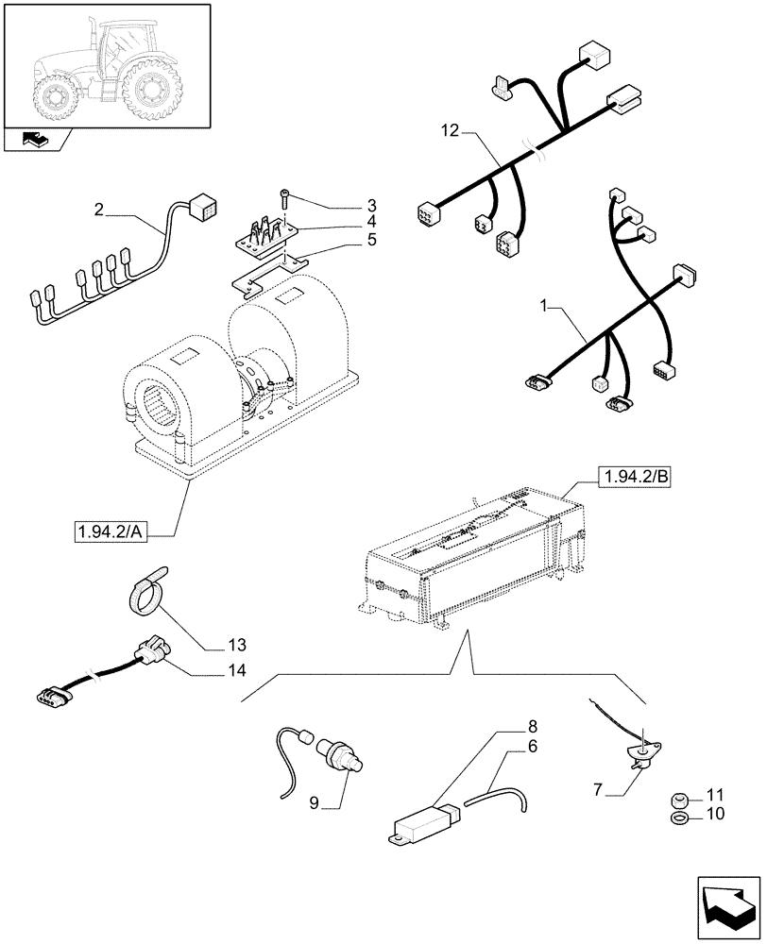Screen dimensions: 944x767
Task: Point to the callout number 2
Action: (98, 210)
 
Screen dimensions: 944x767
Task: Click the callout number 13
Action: (236, 647)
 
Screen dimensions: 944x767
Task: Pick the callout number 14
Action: (236, 671)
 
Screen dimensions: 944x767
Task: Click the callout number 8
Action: (532, 727)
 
